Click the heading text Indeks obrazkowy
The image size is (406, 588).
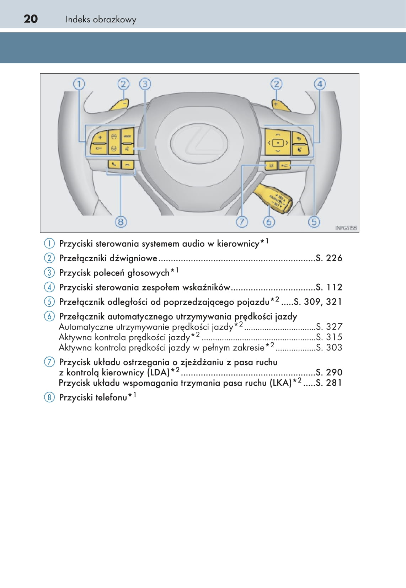(101, 20)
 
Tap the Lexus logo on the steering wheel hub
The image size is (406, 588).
(199, 143)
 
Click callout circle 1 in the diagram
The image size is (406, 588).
(79, 84)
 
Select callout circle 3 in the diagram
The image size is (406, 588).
(145, 84)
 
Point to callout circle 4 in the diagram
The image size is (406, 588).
(320, 84)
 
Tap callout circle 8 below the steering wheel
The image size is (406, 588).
(121, 222)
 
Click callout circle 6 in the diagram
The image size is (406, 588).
(269, 222)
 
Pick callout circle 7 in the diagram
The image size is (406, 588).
(242, 222)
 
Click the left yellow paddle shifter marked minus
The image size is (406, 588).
(119, 105)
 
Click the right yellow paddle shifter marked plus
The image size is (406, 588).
(281, 105)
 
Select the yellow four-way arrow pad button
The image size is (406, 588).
(278, 143)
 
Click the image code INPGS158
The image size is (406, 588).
(346, 228)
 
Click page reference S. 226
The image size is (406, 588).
(329, 258)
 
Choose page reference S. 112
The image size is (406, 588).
(329, 287)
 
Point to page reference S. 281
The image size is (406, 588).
(329, 383)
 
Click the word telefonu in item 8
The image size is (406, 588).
(111, 397)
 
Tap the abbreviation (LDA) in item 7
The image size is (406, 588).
(158, 373)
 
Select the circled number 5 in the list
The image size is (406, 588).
(49, 302)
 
